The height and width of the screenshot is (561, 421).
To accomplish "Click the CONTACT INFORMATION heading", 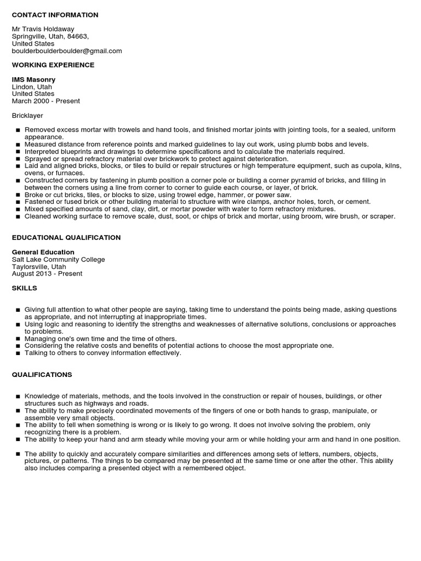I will pos(55,15).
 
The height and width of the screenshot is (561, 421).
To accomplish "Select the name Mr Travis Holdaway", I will pos(43,29).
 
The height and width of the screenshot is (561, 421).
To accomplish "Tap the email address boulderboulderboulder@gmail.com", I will pos(67,51).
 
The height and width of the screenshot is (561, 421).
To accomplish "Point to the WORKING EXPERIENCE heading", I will pos(53,65).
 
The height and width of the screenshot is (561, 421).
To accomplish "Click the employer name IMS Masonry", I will pos(33,79).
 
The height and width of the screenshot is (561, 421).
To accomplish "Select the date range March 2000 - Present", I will pos(45,101).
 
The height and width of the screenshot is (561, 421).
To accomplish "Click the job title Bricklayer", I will pos(27,116).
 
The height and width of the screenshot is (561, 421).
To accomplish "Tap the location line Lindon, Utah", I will pos(32,87).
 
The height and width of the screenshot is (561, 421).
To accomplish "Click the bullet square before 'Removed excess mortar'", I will pos(18,130).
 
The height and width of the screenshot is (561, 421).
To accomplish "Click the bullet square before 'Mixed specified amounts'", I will pos(18,209).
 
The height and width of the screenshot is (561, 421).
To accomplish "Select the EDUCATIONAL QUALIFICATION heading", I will pos(66,238).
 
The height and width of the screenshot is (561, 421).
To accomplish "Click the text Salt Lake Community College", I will pos(58,259).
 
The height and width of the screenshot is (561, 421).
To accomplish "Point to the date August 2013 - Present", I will pos(47,273).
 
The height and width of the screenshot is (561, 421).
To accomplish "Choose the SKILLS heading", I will pos(25,288).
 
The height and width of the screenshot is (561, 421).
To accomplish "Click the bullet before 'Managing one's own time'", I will pos(18,339).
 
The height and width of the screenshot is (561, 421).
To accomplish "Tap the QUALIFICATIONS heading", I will pos(42,375).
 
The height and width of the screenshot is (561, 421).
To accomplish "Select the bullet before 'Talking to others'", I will pos(18,353).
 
